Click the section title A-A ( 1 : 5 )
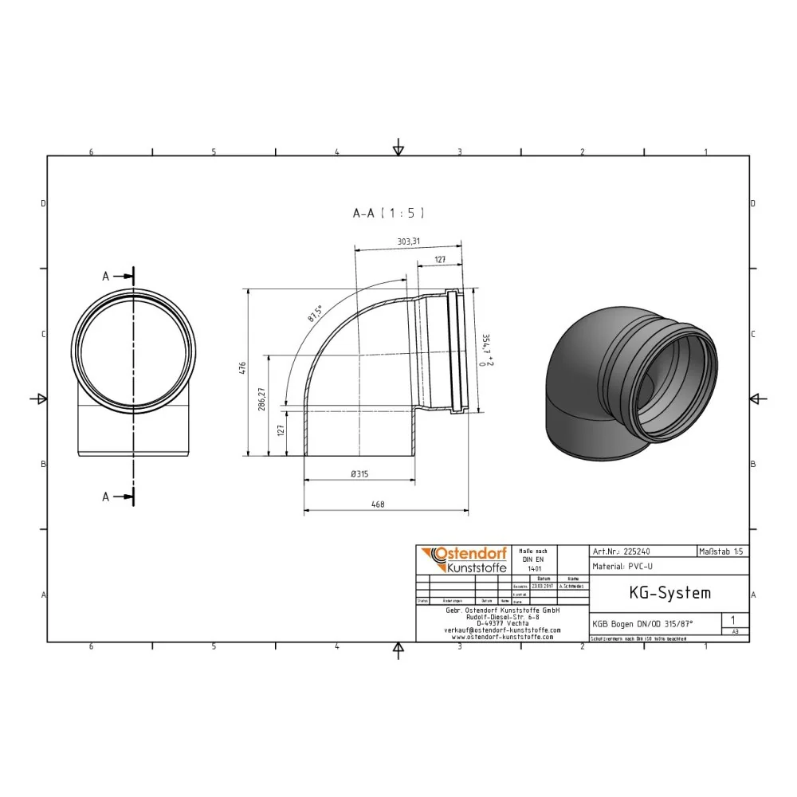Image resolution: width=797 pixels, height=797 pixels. pyautogui.click(x=389, y=213)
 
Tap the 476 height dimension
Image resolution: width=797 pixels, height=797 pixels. pyautogui.click(x=243, y=368)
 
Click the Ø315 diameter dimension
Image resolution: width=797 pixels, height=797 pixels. pyautogui.click(x=360, y=473)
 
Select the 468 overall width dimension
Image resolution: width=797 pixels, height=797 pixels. pyautogui.click(x=384, y=503)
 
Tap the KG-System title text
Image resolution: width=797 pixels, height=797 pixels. pyautogui.click(x=658, y=593)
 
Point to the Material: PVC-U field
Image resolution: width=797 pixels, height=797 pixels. pyautogui.click(x=624, y=567)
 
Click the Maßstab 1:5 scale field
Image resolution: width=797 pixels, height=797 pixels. pyautogui.click(x=722, y=551)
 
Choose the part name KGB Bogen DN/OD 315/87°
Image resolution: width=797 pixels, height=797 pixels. pyautogui.click(x=642, y=624)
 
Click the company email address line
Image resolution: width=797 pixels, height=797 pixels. pyautogui.click(x=502, y=630)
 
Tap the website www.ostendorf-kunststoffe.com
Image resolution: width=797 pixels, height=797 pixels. pyautogui.click(x=502, y=637)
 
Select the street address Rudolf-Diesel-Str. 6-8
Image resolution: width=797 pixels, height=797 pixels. pyautogui.click(x=502, y=616)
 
